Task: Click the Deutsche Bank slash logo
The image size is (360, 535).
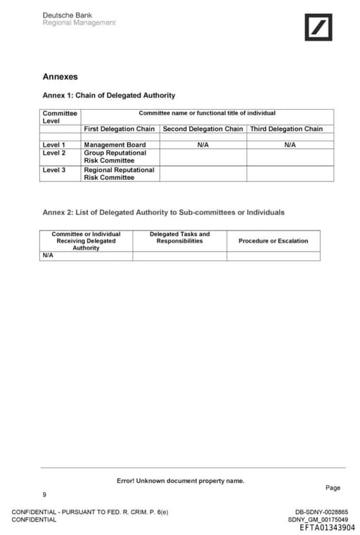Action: pyautogui.click(x=318, y=27)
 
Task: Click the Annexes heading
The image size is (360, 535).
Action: pyautogui.click(x=60, y=77)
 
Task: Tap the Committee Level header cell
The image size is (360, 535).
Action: pyautogui.click(x=60, y=117)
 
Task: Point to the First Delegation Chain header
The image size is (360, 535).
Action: pyautogui.click(x=119, y=129)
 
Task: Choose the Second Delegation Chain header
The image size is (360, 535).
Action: pyautogui.click(x=202, y=129)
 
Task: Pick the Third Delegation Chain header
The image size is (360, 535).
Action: pyautogui.click(x=286, y=129)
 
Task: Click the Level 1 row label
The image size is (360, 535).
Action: pyautogui.click(x=53, y=145)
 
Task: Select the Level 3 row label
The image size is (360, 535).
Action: pyautogui.click(x=53, y=169)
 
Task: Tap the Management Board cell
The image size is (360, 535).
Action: pyautogui.click(x=115, y=145)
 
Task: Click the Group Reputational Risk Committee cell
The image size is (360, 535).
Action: pyautogui.click(x=115, y=156)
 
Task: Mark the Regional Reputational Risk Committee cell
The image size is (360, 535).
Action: pyautogui.click(x=119, y=173)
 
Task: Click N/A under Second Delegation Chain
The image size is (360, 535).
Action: pyautogui.click(x=202, y=145)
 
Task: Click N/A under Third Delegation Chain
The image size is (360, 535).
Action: pyautogui.click(x=290, y=145)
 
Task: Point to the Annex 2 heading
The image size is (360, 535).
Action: pyautogui.click(x=163, y=212)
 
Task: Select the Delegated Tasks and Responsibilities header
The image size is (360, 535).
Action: pyautogui.click(x=179, y=238)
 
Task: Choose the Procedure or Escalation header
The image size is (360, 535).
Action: pyautogui.click(x=273, y=240)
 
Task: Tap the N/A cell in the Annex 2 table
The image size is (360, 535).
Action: pyautogui.click(x=48, y=255)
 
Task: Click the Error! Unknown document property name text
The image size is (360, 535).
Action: pyautogui.click(x=180, y=481)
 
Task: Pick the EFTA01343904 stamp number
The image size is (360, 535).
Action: pyautogui.click(x=327, y=527)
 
